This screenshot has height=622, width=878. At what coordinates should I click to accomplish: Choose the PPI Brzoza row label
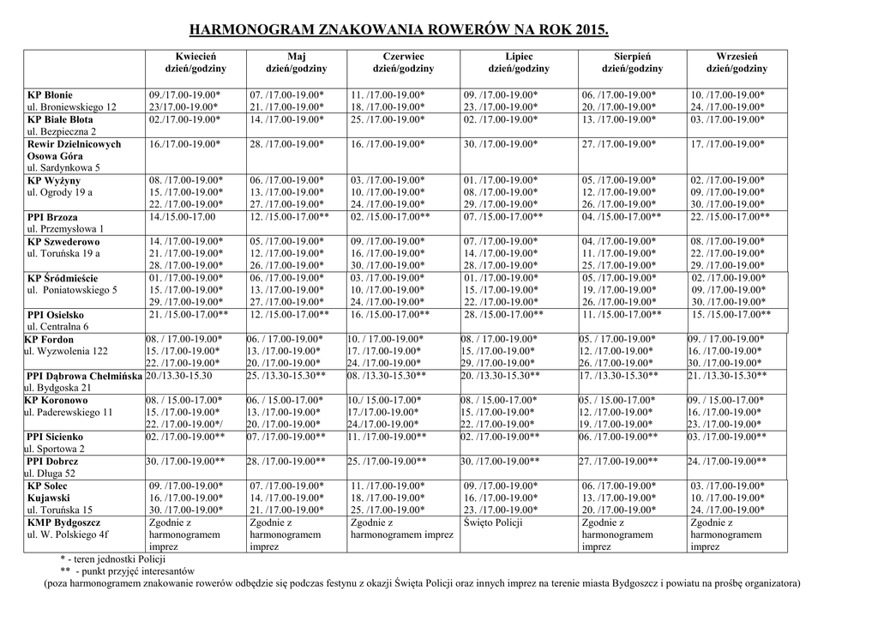(x=52, y=218)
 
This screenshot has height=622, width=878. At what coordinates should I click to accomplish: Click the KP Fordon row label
(x=49, y=340)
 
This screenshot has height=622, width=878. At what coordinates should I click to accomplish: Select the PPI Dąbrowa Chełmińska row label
(x=84, y=376)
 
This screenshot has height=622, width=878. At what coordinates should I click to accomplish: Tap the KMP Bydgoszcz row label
(x=63, y=522)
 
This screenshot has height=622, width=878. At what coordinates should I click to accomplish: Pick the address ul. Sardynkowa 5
(x=63, y=168)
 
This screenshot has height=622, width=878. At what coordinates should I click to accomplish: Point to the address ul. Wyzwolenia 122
(x=66, y=352)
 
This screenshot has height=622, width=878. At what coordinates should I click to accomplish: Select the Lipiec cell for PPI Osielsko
(x=503, y=315)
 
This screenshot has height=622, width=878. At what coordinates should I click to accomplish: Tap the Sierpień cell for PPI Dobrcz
(x=618, y=461)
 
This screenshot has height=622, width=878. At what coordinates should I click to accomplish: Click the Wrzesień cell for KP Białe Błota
(x=727, y=120)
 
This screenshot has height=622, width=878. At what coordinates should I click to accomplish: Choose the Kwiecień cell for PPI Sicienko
(x=185, y=437)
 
